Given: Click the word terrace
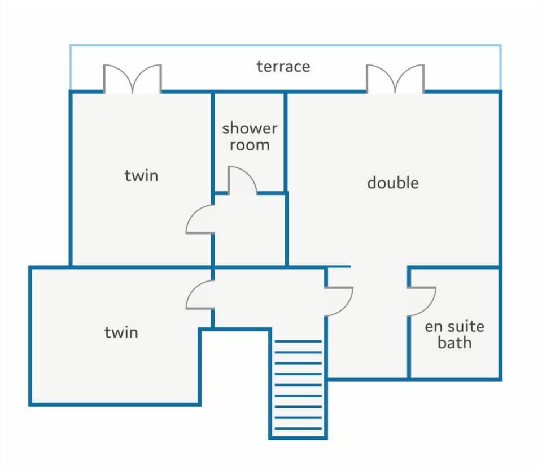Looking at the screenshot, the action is click(x=283, y=67).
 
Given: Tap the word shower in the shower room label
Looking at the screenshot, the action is click(x=250, y=128).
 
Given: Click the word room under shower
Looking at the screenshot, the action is click(x=250, y=145).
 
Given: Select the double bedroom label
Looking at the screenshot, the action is click(x=393, y=183).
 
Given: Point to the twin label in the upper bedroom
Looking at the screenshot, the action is click(x=141, y=175).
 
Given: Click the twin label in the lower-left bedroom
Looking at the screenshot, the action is click(x=121, y=332).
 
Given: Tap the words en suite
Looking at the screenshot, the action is click(x=454, y=326).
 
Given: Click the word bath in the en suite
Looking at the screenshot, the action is click(x=454, y=343).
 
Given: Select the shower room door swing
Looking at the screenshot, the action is click(x=242, y=180).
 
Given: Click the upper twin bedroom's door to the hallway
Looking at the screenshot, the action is click(x=199, y=219).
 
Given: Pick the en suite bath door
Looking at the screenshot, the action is click(x=422, y=301).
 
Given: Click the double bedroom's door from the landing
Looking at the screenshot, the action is click(x=339, y=301).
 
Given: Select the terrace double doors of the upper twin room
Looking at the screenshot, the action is click(x=132, y=79).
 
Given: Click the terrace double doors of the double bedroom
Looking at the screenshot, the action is click(x=395, y=79).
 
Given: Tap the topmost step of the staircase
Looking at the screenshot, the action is click(x=298, y=341).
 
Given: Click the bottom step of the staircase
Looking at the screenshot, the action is click(x=298, y=429).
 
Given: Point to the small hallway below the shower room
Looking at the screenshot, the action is click(x=250, y=229).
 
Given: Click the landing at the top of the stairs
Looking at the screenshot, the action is click(x=270, y=299).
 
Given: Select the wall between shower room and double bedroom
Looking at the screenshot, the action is click(x=286, y=142).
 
